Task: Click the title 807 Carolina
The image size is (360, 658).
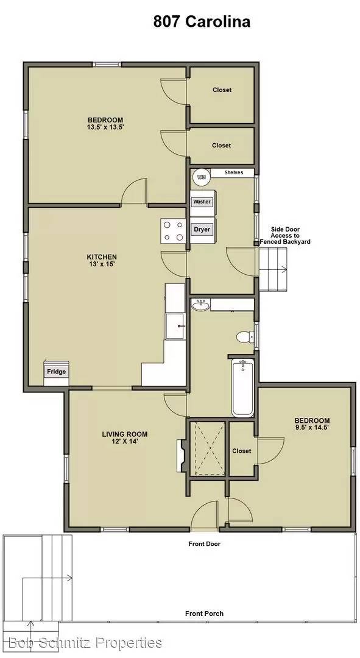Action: coord(202,23)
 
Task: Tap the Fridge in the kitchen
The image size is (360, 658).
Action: coord(55,372)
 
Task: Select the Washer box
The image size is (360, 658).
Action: coord(202,202)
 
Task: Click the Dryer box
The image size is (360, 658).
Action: coord(202,230)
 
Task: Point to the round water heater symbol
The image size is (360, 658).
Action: coord(201,177)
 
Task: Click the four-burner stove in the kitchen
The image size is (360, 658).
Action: coord(172,230)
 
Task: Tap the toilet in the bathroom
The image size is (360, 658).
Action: coord(244,336)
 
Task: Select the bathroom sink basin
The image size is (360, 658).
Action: coord(200,304)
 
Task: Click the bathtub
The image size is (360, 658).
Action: coord(242,387)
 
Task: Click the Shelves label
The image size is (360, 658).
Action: coord(233,173)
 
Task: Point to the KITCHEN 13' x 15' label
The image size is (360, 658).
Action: coord(102,261)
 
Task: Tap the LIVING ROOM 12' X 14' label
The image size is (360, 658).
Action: coord(124,438)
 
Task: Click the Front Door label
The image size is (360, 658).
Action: coord(204,543)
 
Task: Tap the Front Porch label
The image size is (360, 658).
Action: coord(204,614)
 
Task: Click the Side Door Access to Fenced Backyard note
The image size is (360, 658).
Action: coord(285,236)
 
